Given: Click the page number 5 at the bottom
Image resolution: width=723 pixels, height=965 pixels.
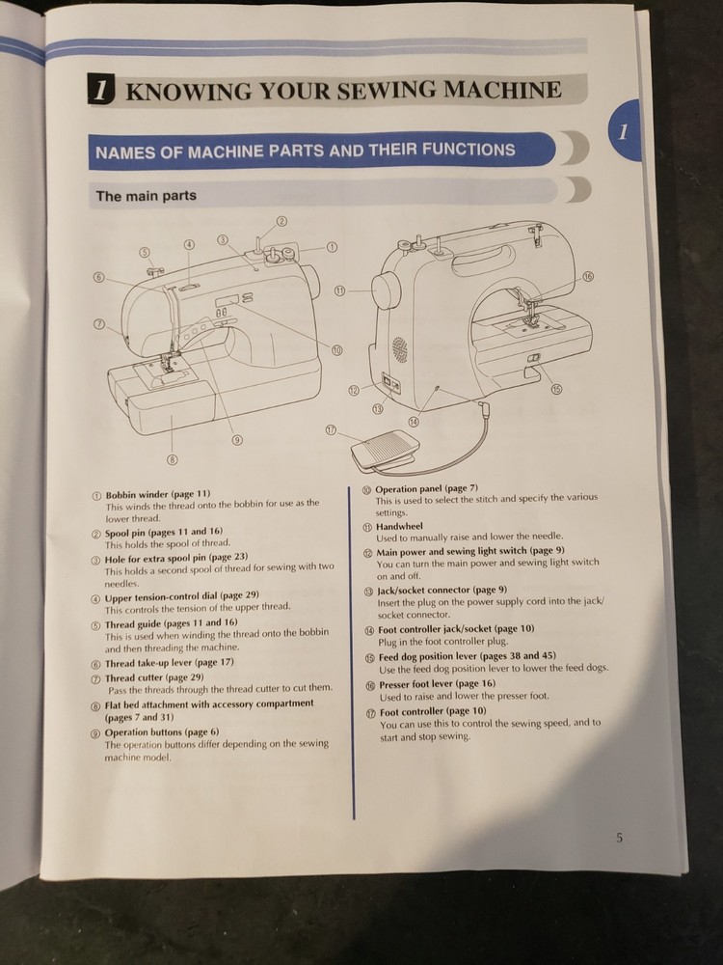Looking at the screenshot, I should coord(619,838).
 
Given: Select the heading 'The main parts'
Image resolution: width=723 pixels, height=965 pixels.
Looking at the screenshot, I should coord(146,195).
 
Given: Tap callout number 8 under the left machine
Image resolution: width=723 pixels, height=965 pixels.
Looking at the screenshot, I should coord(172,459).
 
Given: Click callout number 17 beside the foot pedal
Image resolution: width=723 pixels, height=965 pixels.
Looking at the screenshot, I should coord(332,430).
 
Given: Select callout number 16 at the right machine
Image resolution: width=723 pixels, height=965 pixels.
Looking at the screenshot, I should coord(587,277).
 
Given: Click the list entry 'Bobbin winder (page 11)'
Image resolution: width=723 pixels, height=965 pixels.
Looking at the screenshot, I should coord(157,494).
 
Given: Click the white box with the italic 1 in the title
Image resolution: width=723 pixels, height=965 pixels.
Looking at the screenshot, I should coord(102,92).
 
